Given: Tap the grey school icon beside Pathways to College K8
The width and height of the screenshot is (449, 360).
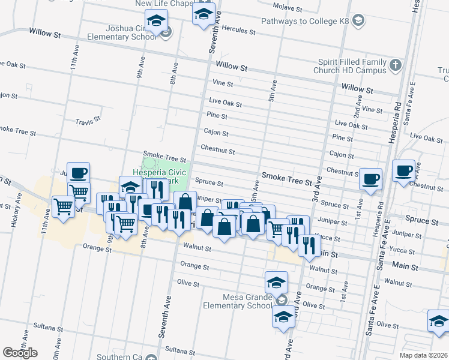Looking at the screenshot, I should click(x=358, y=22).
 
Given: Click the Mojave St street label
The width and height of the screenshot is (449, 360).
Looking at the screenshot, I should click(x=287, y=8).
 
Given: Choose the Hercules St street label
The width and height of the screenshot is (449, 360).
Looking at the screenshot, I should click(x=238, y=29).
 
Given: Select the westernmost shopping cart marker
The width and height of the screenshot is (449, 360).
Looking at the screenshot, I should click(x=63, y=207).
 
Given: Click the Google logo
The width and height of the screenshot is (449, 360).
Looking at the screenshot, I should click(x=20, y=353).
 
